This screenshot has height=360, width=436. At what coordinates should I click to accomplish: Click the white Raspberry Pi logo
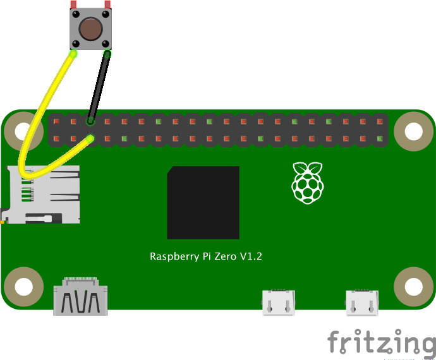[307, 183]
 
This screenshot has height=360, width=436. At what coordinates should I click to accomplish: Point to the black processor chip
[203, 203]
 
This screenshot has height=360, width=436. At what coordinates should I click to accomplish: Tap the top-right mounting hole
[413, 131]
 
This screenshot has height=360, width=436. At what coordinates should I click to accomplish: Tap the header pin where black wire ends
[91, 121]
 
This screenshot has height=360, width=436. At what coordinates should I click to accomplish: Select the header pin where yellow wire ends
[91, 138]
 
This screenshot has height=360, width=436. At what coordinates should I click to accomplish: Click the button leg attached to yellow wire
[74, 54]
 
